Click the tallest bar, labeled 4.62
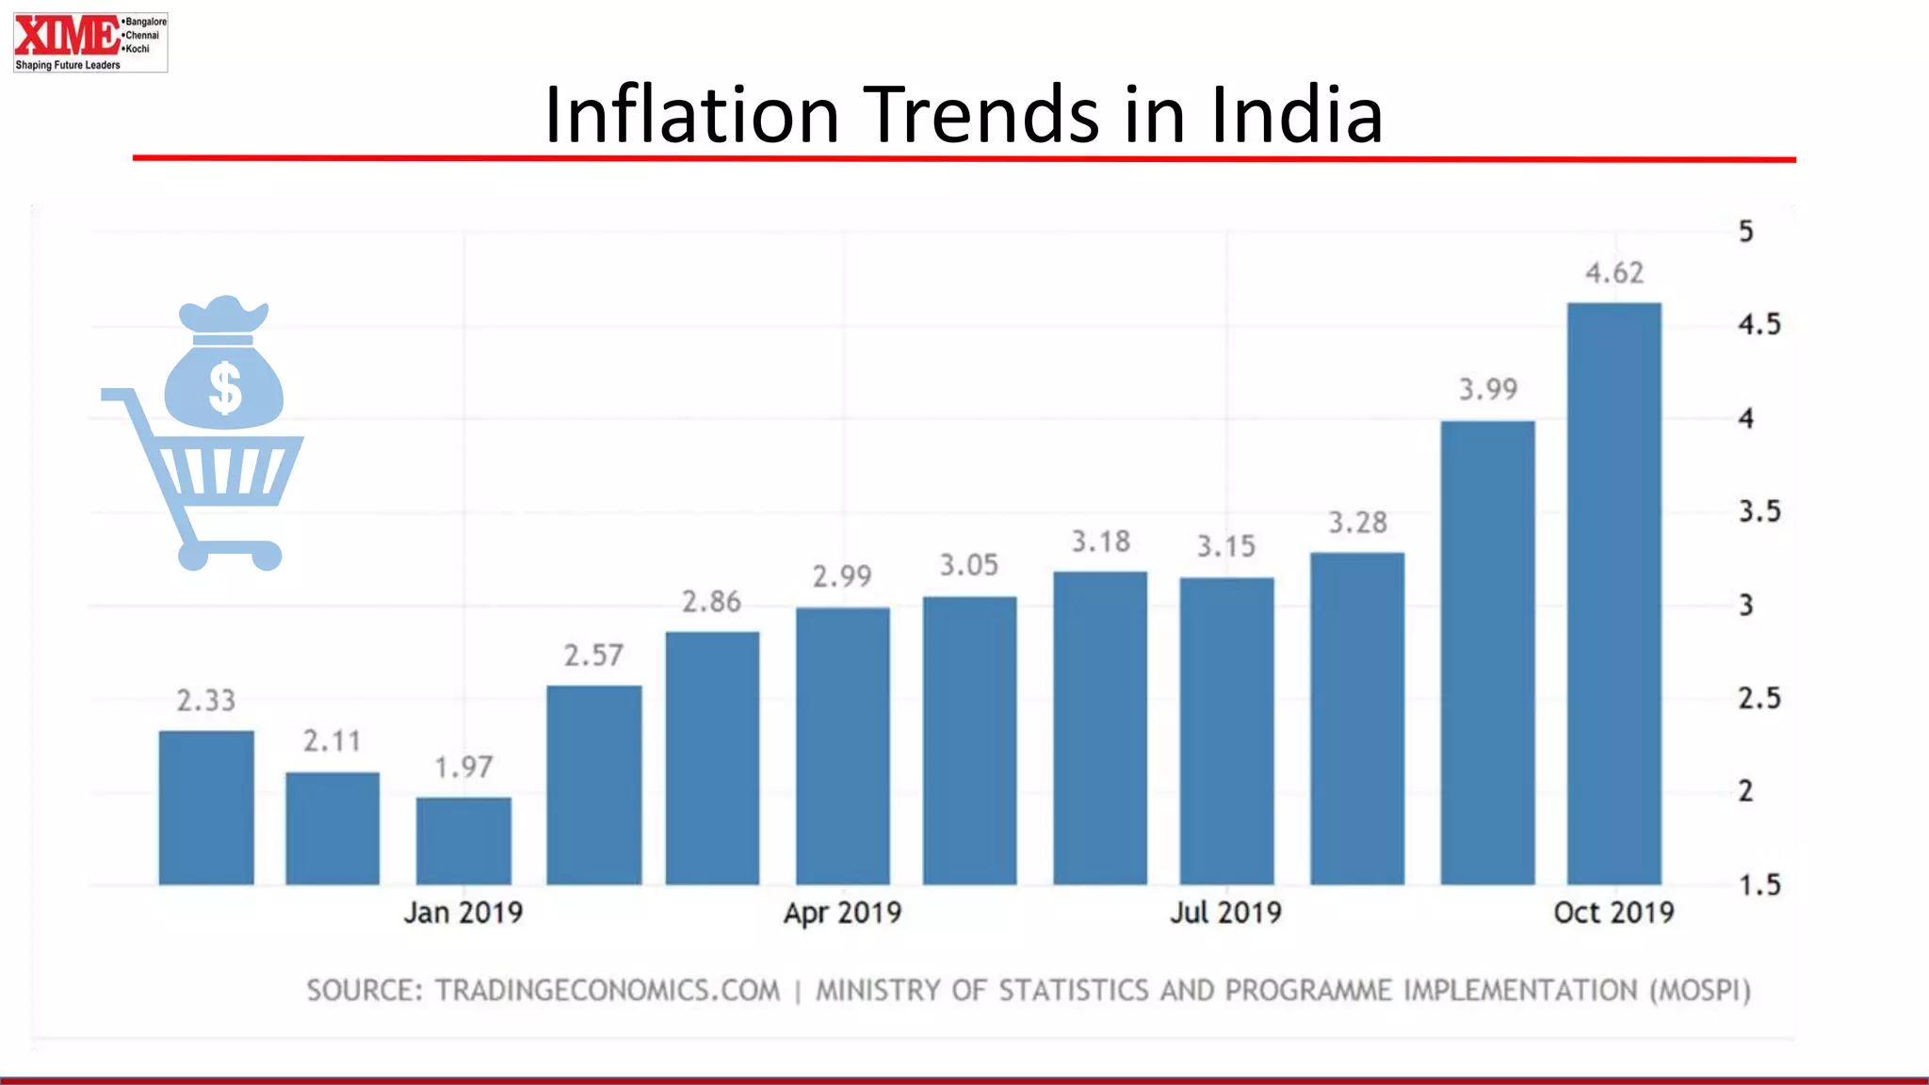1613,593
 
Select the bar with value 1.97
463,841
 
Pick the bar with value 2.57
593,785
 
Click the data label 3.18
1100,542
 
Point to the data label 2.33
206,701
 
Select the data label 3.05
968,565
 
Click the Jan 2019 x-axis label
462,913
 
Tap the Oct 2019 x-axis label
1613,913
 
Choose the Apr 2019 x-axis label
842,913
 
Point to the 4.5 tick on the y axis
1759,325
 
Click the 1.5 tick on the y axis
1759,885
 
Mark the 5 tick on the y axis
1745,232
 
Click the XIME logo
89,42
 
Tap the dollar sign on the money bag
225,388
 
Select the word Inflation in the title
691,115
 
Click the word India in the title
1296,115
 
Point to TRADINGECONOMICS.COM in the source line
608,991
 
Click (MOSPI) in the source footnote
1699,991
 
